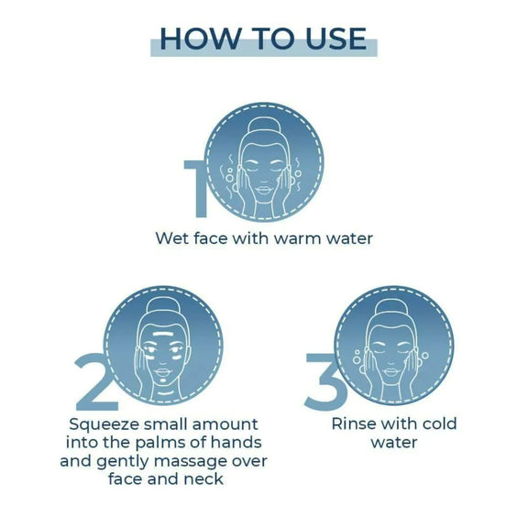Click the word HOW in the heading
(x=201, y=38)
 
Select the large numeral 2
(x=96, y=382)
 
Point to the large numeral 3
(x=324, y=382)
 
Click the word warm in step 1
(x=297, y=238)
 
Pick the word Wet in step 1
(x=172, y=238)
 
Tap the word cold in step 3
(x=439, y=423)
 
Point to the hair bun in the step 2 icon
(x=163, y=306)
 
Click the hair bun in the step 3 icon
(x=391, y=307)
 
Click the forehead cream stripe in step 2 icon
(x=163, y=335)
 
